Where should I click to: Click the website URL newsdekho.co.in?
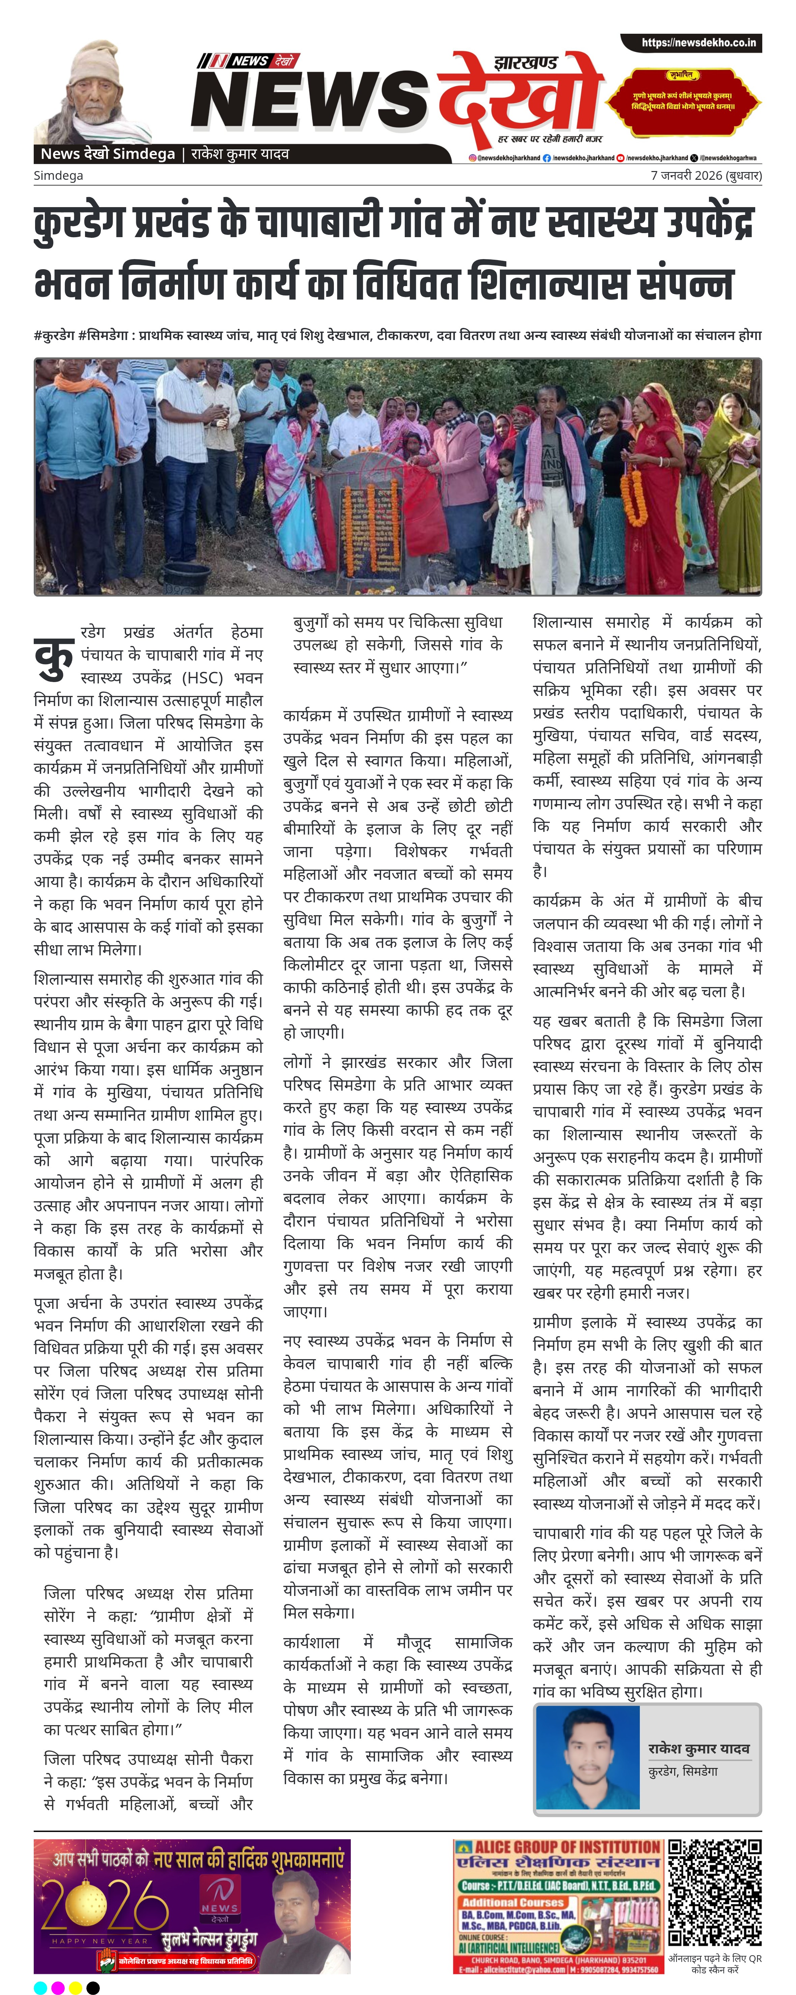[x=699, y=43]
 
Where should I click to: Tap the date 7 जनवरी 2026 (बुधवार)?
[x=705, y=176]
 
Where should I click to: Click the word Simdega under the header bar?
[x=58, y=176]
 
